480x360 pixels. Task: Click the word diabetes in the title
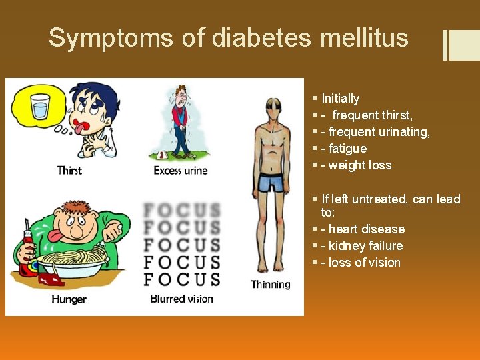[261, 38]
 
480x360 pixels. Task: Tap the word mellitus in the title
[364, 38]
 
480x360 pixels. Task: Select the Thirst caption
[69, 170]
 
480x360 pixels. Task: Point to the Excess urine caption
[181, 171]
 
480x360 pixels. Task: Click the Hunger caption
[69, 299]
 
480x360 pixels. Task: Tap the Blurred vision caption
[182, 299]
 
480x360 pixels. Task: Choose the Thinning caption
[271, 285]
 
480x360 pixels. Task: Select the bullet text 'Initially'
[340, 99]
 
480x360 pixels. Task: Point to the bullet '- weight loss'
[356, 165]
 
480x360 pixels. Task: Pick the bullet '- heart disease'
[363, 229]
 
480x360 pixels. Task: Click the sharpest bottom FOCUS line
[182, 279]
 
